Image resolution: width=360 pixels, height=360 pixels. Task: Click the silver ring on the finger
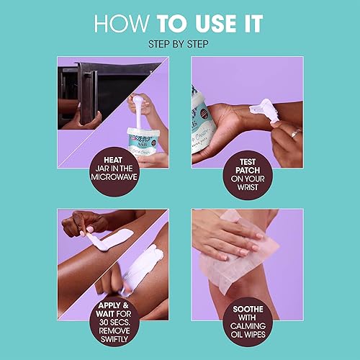(x=296, y=133)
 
